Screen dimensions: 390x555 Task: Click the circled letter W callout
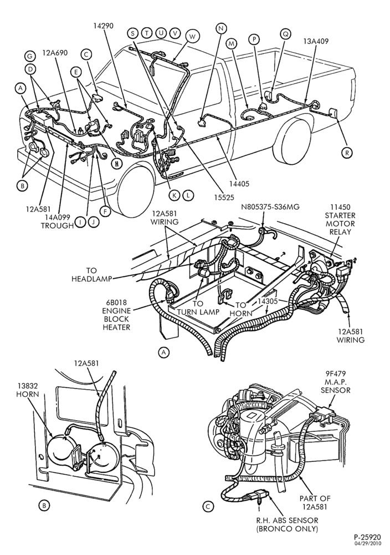pos(192,37)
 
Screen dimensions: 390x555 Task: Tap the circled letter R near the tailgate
pos(347,153)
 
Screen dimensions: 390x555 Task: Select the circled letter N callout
pos(221,28)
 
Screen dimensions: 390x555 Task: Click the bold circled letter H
pos(116,163)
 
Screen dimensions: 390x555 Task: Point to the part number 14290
pos(104,26)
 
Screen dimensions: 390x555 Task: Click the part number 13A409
pos(315,41)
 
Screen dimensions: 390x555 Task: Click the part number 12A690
pos(55,53)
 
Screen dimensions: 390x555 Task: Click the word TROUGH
pos(57,225)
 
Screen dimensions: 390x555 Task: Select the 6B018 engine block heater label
pos(116,315)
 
